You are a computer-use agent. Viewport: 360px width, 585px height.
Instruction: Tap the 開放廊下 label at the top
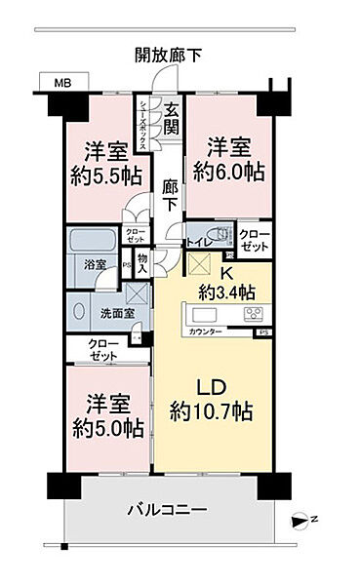[x=169, y=56]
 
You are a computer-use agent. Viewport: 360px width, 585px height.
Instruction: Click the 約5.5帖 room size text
[x=104, y=176]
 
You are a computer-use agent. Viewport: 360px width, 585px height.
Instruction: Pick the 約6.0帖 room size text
[x=226, y=172]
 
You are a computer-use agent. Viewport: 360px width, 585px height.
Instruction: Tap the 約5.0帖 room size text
[x=104, y=429]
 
